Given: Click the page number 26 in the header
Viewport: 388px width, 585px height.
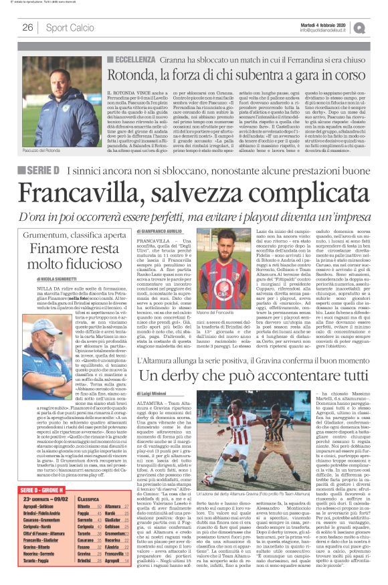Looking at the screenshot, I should pos(27,27).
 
